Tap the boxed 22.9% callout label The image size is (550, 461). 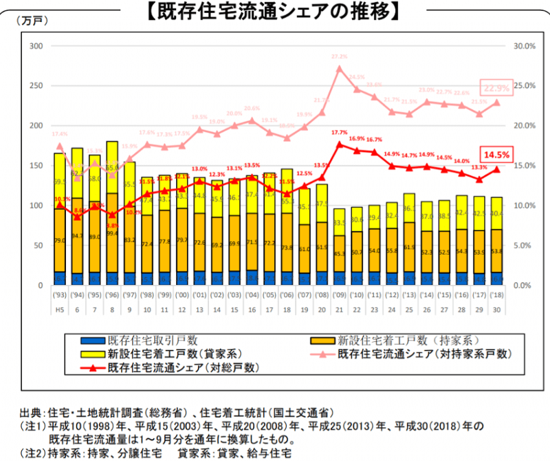click(x=496, y=89)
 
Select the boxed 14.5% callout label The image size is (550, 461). click(x=496, y=155)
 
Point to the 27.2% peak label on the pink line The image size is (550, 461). click(x=339, y=56)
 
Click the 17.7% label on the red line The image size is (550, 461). click(x=339, y=132)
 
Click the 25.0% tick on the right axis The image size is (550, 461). click(x=525, y=86)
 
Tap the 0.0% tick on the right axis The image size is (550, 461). click(x=525, y=285)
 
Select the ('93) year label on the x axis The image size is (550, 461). click(x=60, y=297)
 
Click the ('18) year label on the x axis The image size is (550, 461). click(x=496, y=297)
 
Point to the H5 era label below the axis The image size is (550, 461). click(x=60, y=310)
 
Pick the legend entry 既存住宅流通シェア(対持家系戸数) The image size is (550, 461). click(x=426, y=354)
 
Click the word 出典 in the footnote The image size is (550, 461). click(x=30, y=413)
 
